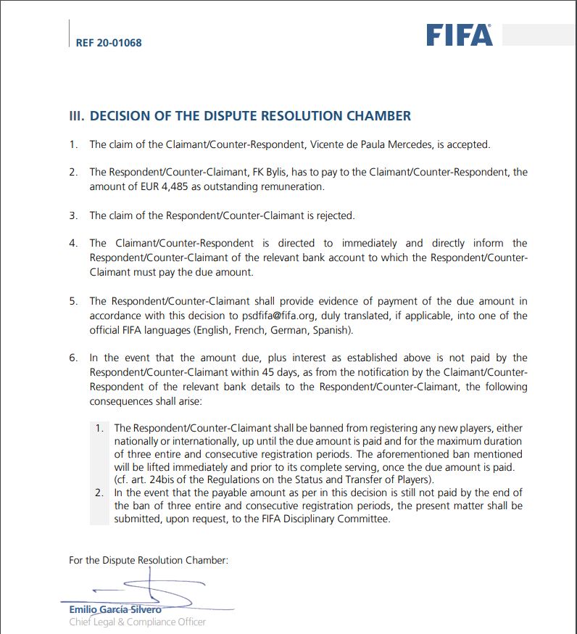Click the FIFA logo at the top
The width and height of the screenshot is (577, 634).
(x=458, y=34)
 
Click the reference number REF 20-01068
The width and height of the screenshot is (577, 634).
(x=109, y=43)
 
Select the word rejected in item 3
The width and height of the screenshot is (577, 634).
(x=332, y=215)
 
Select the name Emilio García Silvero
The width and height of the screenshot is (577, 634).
(x=115, y=609)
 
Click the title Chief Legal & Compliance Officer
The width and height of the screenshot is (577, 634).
(x=137, y=622)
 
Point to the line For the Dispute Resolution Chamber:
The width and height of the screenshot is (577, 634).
(x=149, y=559)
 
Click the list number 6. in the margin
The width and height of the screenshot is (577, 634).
(x=73, y=358)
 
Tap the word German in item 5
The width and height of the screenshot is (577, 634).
(x=275, y=329)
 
